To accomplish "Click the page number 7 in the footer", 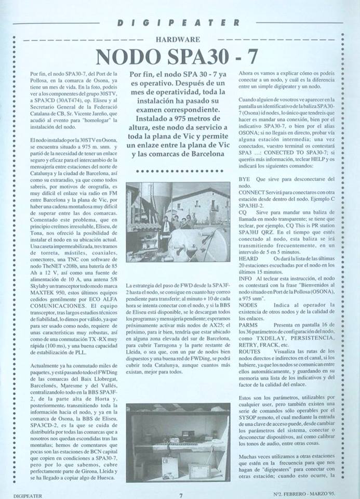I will (180, 495).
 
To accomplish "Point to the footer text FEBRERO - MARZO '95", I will (312, 495).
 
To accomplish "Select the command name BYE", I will (244, 178).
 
